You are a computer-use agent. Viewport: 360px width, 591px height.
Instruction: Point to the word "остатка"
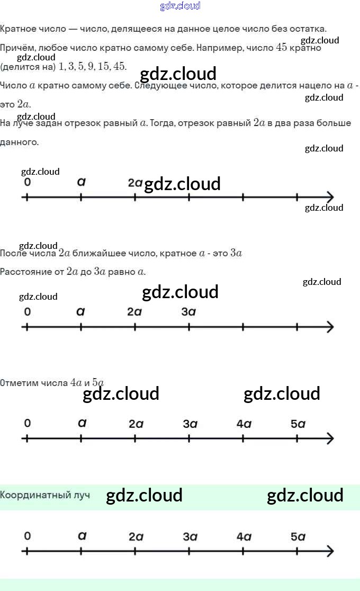[304, 28]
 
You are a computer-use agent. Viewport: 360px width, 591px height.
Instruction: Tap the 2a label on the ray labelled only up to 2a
[135, 183]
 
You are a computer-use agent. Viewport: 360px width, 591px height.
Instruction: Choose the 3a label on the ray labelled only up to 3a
[189, 312]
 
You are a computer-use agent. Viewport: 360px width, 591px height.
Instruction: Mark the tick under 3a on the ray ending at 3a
[189, 327]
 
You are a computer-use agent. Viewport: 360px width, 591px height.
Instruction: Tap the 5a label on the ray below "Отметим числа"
[298, 424]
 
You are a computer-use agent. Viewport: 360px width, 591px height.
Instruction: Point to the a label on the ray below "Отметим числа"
[82, 423]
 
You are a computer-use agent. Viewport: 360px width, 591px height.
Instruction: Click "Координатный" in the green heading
[36, 495]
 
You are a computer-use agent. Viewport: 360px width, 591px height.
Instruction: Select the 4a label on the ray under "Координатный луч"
[244, 536]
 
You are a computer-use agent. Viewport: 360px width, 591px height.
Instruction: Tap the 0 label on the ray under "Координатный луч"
[28, 536]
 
